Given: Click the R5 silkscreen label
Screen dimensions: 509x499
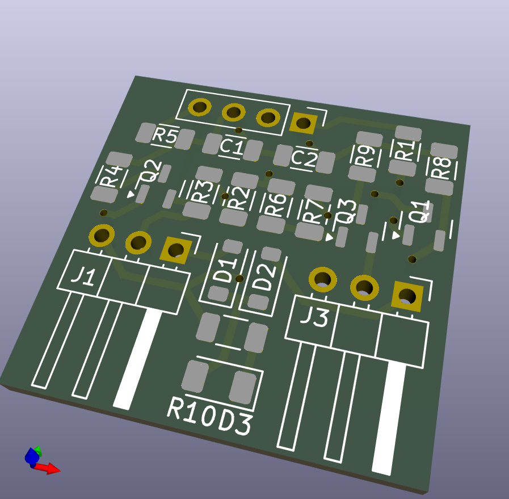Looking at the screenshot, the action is click(x=165, y=136).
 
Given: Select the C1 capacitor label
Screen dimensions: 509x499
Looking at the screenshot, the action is click(x=232, y=146).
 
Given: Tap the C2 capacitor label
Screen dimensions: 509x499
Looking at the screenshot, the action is click(x=304, y=158).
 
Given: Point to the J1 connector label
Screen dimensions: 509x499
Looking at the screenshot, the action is click(x=84, y=276).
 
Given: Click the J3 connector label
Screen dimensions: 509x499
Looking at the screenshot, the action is click(x=314, y=317).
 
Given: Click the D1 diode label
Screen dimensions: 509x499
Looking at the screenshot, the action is click(x=226, y=270).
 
